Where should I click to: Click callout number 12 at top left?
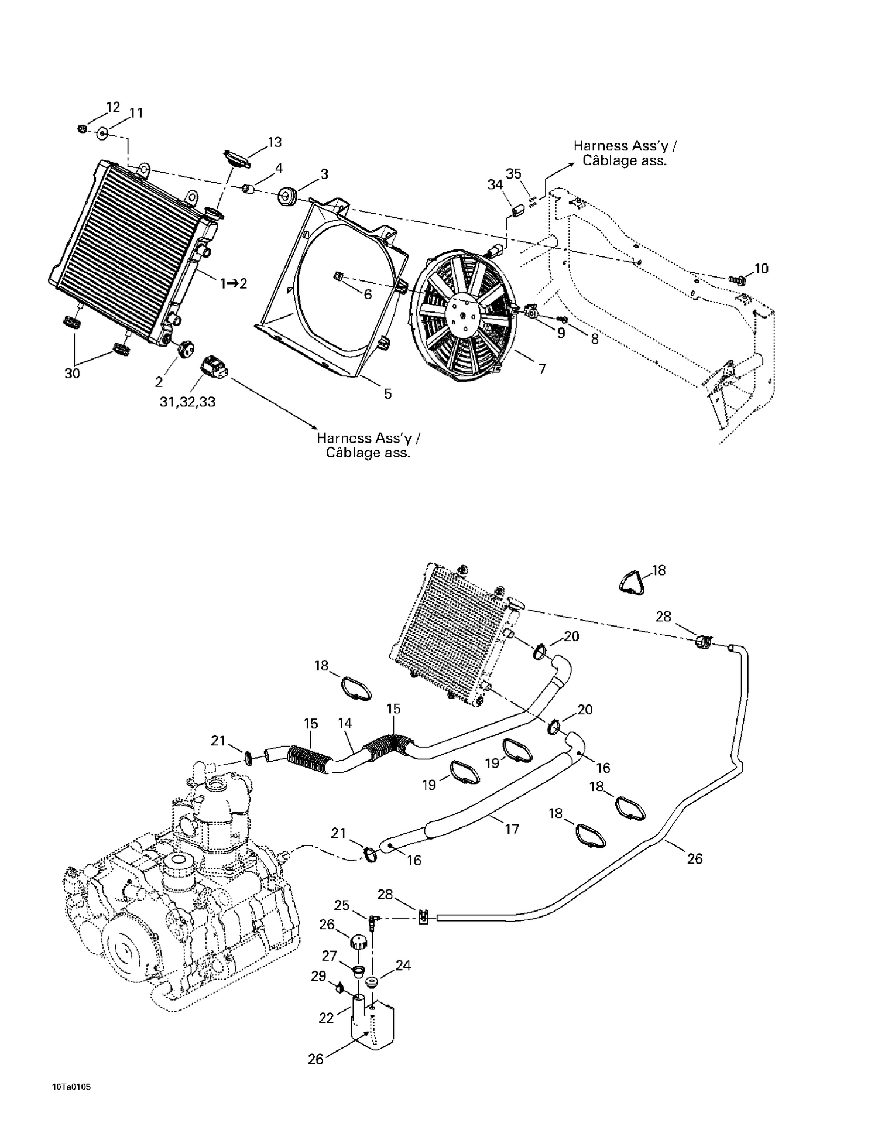click(113, 107)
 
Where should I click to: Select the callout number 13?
click(275, 142)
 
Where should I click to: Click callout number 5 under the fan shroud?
click(387, 394)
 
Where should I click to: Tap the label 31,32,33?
click(187, 402)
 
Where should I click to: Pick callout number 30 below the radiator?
click(72, 374)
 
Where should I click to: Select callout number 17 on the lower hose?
click(512, 829)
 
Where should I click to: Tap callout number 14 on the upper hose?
click(345, 723)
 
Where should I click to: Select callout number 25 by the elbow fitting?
click(341, 906)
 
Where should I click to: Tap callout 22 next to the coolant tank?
click(326, 1018)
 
